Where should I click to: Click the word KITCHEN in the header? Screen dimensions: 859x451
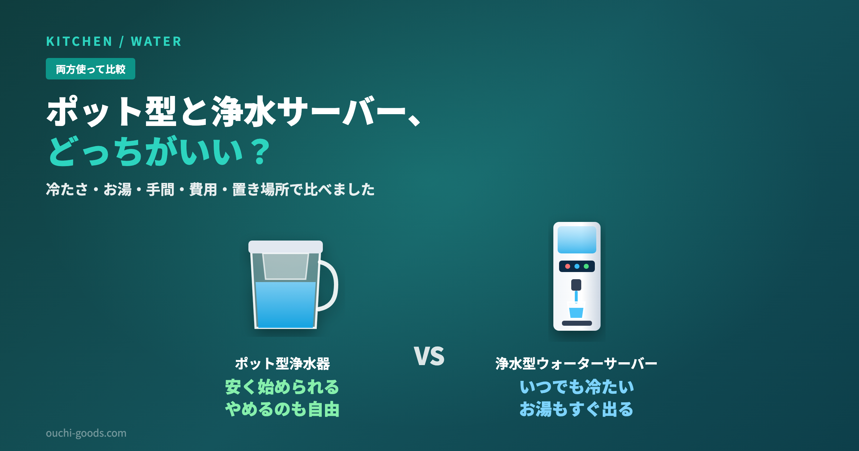point(79,42)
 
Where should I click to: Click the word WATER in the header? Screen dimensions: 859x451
point(156,42)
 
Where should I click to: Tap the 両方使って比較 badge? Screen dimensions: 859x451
point(91,69)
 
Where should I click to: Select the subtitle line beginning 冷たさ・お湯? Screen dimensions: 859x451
point(210,189)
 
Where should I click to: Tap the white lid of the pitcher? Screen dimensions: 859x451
point(286,247)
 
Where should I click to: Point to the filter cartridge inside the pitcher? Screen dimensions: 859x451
point(286,266)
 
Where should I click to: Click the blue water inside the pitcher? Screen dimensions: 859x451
point(286,305)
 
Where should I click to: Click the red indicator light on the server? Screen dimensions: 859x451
point(568,266)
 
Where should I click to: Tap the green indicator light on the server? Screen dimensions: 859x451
point(586,266)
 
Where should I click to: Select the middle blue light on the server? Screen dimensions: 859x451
point(577,266)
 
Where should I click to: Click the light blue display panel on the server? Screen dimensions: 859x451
point(577,240)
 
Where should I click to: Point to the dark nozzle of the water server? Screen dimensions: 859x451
point(576,285)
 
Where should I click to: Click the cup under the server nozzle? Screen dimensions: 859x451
point(576,310)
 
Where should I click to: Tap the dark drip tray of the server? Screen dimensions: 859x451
point(577,323)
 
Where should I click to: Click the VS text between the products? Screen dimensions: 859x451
point(429,356)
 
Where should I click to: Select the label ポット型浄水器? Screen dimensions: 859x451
point(282,364)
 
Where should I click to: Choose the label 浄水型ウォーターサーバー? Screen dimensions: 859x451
point(576,364)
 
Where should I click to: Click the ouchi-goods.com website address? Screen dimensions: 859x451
point(86,433)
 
